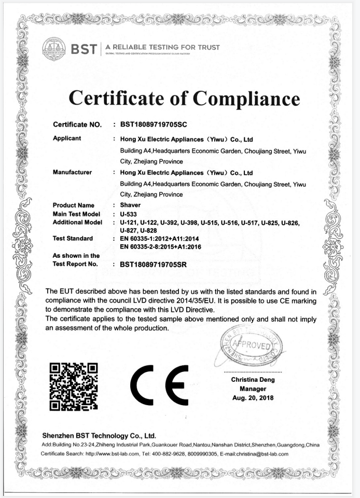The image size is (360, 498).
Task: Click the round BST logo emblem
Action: point(53,48)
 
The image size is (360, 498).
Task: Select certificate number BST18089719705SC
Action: point(153,125)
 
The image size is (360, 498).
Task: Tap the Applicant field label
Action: point(68,139)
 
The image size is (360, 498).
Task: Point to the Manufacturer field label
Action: point(73,172)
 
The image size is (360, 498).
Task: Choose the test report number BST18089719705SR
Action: point(153,264)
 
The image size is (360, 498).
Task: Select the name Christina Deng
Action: point(253,380)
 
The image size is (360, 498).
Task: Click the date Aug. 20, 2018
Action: point(253,398)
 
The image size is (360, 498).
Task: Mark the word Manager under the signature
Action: point(253,389)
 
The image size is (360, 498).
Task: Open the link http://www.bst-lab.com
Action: point(111,454)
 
